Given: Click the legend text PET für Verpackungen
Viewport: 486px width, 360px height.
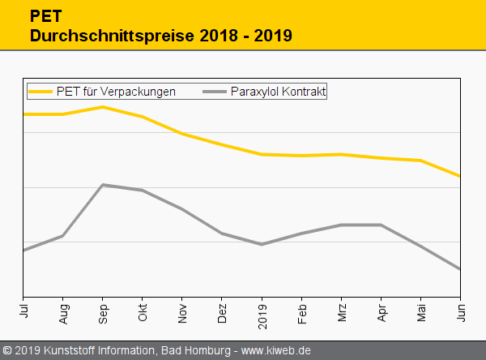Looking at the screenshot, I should coord(116,92).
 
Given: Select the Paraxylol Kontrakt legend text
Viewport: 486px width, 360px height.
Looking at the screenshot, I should coord(278,92).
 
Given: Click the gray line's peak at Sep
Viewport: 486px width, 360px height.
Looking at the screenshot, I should coord(103,185).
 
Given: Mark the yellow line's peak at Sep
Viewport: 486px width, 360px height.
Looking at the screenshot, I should coord(103,107).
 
